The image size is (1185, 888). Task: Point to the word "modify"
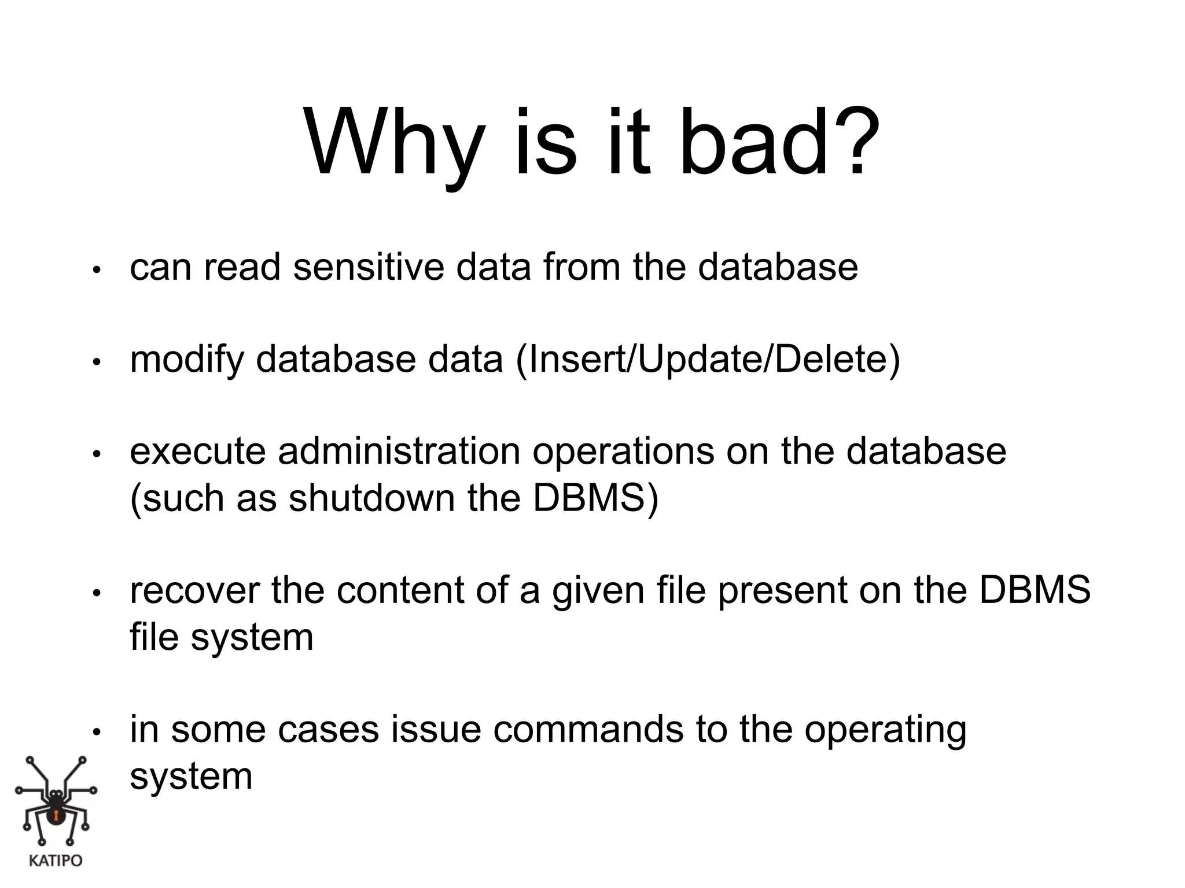(x=187, y=360)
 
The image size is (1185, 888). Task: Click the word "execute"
(x=197, y=452)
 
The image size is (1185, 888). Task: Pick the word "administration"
(x=399, y=452)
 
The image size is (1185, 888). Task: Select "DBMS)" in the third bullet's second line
(x=595, y=498)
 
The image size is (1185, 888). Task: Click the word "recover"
(x=194, y=590)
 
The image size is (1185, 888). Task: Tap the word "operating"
(x=885, y=730)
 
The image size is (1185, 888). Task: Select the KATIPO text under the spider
(x=56, y=861)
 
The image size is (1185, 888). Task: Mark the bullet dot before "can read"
(x=97, y=270)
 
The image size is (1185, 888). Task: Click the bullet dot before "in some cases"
(x=97, y=732)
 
